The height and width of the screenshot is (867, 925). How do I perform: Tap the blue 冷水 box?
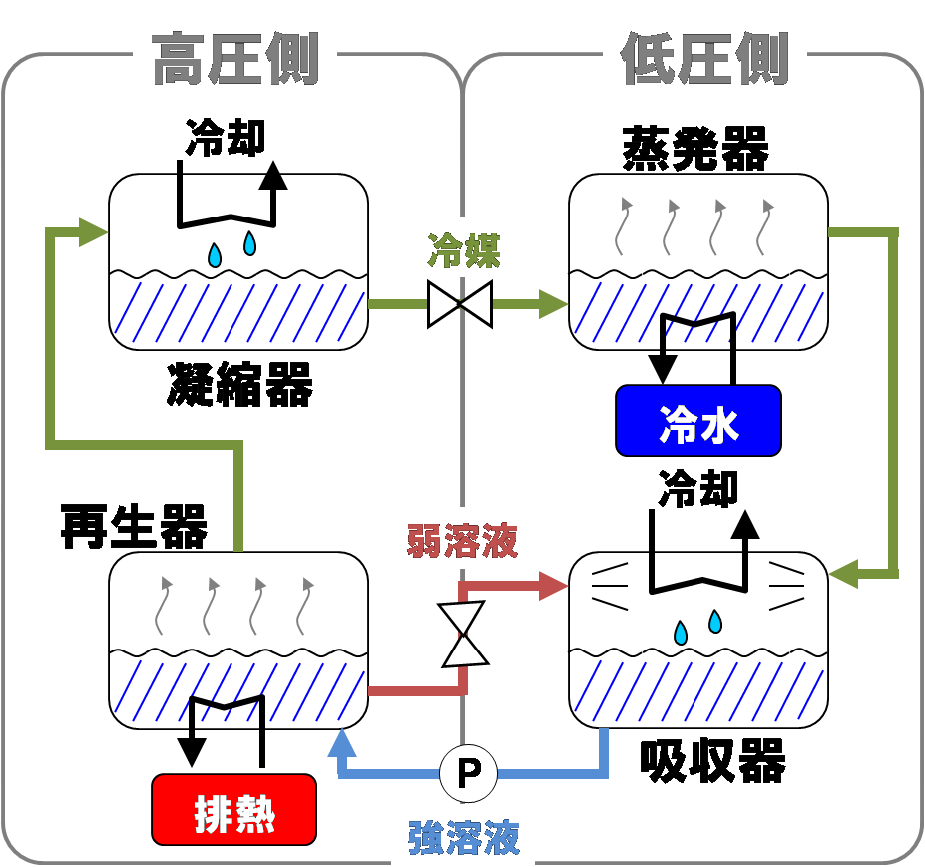coord(697,421)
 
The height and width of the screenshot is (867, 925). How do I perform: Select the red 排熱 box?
coord(233,809)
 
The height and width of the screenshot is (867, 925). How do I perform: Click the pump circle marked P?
coord(468,772)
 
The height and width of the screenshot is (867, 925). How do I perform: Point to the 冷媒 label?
coord(463,249)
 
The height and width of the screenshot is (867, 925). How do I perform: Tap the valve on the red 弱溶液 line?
coord(465,634)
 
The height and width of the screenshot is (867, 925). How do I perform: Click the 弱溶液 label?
coord(462,541)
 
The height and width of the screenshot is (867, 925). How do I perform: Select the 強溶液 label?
coord(464,836)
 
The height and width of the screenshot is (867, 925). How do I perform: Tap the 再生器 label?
coord(134,526)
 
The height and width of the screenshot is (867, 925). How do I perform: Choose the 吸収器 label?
coord(712,762)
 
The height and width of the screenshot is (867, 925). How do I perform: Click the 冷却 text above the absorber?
coord(697,489)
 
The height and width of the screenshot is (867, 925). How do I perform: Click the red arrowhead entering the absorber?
coord(553,586)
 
